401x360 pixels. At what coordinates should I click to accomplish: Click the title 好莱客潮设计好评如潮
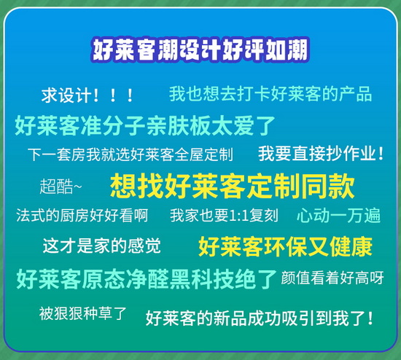(200, 50)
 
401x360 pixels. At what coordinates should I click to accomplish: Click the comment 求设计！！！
(87, 95)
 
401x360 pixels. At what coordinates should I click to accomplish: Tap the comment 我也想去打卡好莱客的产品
(270, 94)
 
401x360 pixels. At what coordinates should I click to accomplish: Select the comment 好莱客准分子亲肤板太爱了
(145, 125)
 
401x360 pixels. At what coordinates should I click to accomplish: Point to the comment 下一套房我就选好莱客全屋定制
(131, 154)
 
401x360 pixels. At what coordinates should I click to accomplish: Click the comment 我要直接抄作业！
(321, 154)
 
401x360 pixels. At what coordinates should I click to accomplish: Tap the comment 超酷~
(61, 186)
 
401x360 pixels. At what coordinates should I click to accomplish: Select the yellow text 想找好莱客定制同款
(232, 186)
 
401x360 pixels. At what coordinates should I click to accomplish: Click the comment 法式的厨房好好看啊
(82, 215)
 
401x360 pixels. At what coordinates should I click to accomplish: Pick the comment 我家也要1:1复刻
(224, 215)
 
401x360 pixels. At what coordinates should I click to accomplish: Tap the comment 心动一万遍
(338, 215)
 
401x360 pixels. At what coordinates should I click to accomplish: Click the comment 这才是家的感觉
(101, 246)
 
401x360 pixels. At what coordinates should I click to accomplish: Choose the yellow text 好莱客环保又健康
(285, 246)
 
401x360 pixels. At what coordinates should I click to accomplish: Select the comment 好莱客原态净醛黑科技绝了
(147, 279)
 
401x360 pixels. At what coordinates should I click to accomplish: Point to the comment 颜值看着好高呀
(332, 278)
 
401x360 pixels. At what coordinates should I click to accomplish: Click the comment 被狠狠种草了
(82, 313)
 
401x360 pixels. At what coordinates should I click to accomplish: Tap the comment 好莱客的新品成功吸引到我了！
(259, 318)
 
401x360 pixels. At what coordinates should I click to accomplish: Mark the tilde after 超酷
(78, 186)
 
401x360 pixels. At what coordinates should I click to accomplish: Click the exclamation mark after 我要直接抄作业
(381, 154)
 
